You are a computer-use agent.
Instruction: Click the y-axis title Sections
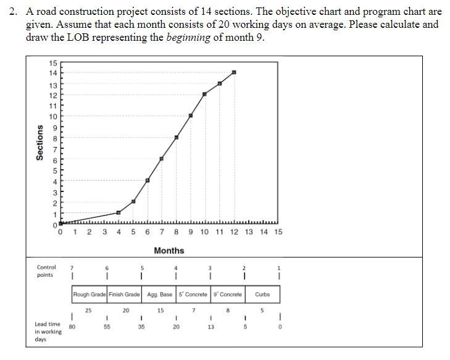click(x=40, y=143)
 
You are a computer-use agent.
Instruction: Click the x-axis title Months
click(x=169, y=250)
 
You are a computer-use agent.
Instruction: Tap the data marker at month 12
click(x=234, y=72)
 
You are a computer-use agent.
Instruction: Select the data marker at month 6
click(x=148, y=180)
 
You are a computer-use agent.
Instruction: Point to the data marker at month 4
click(x=119, y=212)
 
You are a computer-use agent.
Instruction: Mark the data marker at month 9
click(x=191, y=115)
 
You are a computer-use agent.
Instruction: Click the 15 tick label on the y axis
click(x=53, y=63)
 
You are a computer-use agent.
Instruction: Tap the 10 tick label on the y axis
click(x=53, y=117)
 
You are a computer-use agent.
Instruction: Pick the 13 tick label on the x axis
click(x=249, y=232)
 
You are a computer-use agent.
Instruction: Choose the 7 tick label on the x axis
click(x=162, y=232)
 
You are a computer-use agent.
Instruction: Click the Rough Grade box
click(x=90, y=295)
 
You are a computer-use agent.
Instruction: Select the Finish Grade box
click(x=124, y=295)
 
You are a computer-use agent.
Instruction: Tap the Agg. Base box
click(x=160, y=295)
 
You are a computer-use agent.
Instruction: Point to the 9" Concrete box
click(x=228, y=295)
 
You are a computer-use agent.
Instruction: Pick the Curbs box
click(x=262, y=295)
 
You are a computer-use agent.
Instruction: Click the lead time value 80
click(x=72, y=327)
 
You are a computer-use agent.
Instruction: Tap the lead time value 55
click(x=107, y=327)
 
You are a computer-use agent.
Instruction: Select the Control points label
click(x=46, y=271)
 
